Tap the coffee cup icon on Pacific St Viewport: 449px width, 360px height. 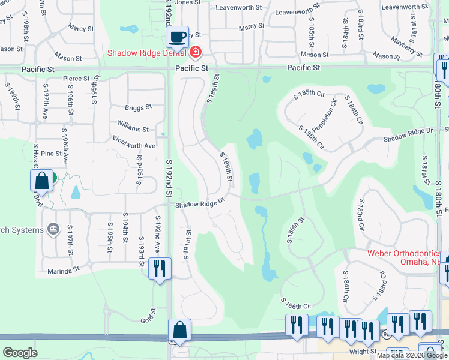[x=178, y=37]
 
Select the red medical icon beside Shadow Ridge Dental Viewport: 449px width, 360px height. [x=195, y=53]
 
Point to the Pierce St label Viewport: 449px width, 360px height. [x=76, y=79]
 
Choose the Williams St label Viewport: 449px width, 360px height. [x=133, y=129]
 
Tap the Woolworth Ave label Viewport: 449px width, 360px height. [x=134, y=146]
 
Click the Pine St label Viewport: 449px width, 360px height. [x=51, y=154]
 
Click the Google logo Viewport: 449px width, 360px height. [x=20, y=353]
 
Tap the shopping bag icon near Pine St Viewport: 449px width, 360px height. [x=42, y=180]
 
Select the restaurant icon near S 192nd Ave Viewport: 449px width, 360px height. [x=160, y=268]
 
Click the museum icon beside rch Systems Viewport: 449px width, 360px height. [x=53, y=229]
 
